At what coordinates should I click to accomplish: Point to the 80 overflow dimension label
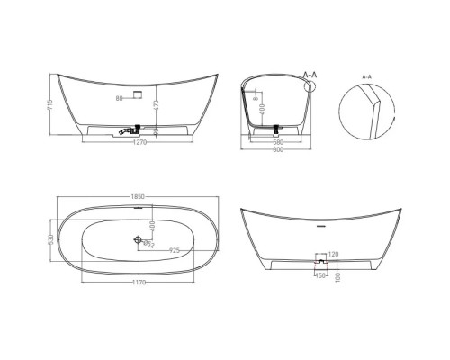point(119,97)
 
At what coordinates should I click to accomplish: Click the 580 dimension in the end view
point(280,140)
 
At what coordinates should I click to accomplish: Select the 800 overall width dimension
point(280,148)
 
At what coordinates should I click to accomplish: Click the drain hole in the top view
point(139,239)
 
